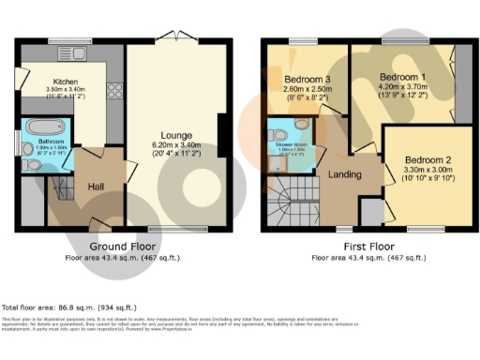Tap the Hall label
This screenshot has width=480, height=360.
click(x=95, y=186)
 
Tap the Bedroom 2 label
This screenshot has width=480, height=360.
click(x=427, y=158)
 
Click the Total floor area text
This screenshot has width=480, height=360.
click(x=69, y=307)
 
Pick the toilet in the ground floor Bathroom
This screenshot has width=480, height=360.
click(x=35, y=162)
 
